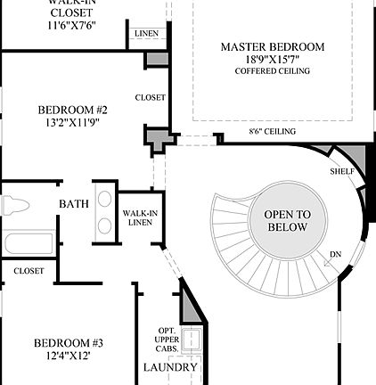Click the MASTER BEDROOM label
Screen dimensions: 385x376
pos(274,46)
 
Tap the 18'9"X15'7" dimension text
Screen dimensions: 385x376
pos(274,61)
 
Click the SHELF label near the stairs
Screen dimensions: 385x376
pos(341,171)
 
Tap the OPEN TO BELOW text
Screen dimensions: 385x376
pos(286,221)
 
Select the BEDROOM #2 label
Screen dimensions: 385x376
pos(72,110)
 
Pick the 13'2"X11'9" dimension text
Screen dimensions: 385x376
pos(72,124)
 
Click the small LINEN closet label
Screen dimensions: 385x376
pos(146,35)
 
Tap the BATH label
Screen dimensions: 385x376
pos(73,204)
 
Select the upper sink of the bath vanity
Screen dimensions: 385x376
pos(104,198)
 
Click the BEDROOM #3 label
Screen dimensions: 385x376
pos(69,343)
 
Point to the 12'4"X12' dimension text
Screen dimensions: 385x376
pos(69,356)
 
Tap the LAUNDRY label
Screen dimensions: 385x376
pos(169,367)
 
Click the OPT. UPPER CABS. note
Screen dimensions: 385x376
pos(167,340)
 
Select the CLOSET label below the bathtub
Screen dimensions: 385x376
pos(29,271)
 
